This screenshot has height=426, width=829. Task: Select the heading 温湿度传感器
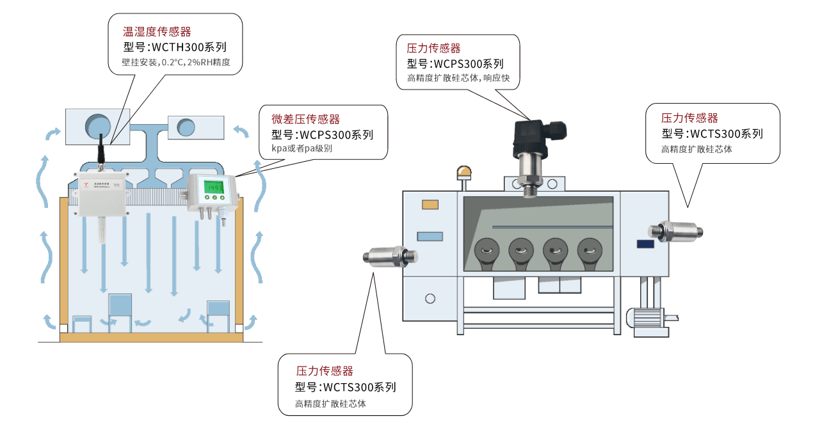tap(157, 31)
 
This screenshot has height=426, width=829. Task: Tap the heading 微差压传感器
tap(305, 119)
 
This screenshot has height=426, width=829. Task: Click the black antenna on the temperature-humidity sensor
tap(101, 152)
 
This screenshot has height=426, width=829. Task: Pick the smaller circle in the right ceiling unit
tap(186, 127)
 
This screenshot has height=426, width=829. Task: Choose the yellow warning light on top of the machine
tap(463, 173)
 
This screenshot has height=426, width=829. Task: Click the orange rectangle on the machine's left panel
tap(430, 205)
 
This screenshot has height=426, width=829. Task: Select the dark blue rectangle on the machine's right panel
tap(645, 243)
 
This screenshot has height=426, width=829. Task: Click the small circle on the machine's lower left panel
tap(430, 298)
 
